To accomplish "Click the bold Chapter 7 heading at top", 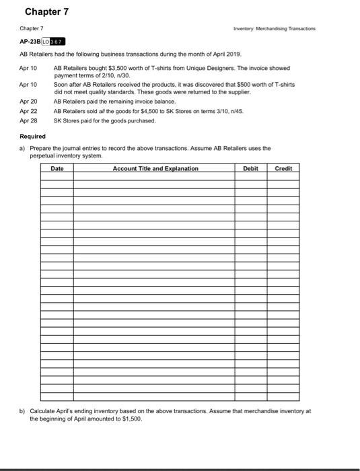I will (46, 12).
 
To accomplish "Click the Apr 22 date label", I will (29, 110).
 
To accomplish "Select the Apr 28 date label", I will (29, 120).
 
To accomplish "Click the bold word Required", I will (33, 135).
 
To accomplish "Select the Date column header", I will (57, 168).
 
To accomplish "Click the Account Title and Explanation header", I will (155, 168).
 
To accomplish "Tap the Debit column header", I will (250, 168).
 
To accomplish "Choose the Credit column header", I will (283, 168).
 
